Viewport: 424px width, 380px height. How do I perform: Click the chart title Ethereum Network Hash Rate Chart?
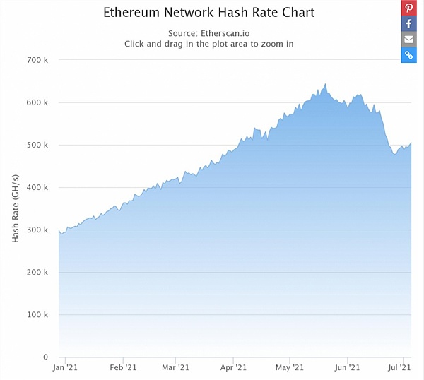click(x=208, y=13)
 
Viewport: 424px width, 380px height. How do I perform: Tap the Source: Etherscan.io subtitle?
click(x=208, y=33)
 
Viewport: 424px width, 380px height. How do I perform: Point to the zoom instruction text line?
click(x=208, y=44)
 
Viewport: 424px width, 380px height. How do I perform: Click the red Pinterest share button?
click(x=409, y=8)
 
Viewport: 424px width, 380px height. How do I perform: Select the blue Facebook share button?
click(x=409, y=24)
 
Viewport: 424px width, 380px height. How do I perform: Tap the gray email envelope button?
click(x=409, y=40)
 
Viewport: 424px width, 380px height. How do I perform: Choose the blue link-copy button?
click(x=409, y=55)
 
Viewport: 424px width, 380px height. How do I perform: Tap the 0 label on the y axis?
click(x=45, y=357)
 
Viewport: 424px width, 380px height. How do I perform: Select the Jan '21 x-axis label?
click(x=66, y=368)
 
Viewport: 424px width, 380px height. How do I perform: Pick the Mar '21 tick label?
click(x=175, y=368)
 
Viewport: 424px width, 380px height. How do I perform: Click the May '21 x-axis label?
click(x=289, y=368)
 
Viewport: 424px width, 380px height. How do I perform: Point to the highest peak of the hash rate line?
click(x=326, y=84)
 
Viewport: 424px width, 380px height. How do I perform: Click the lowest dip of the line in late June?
click(x=395, y=153)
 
